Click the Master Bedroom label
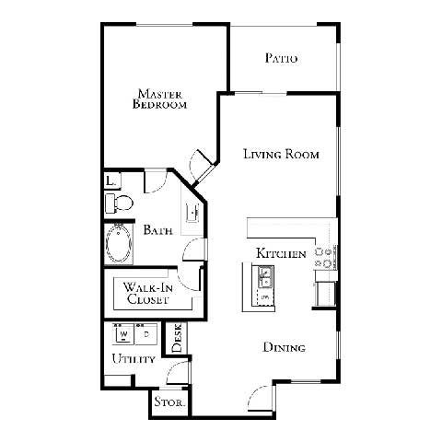point(162,99)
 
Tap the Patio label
point(282,58)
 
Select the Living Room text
point(281,154)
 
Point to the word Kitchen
point(280,253)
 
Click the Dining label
point(285,347)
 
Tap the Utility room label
point(133,358)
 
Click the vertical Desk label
point(178,338)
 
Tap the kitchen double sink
point(264,274)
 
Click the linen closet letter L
point(110,181)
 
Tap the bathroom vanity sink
point(193,212)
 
